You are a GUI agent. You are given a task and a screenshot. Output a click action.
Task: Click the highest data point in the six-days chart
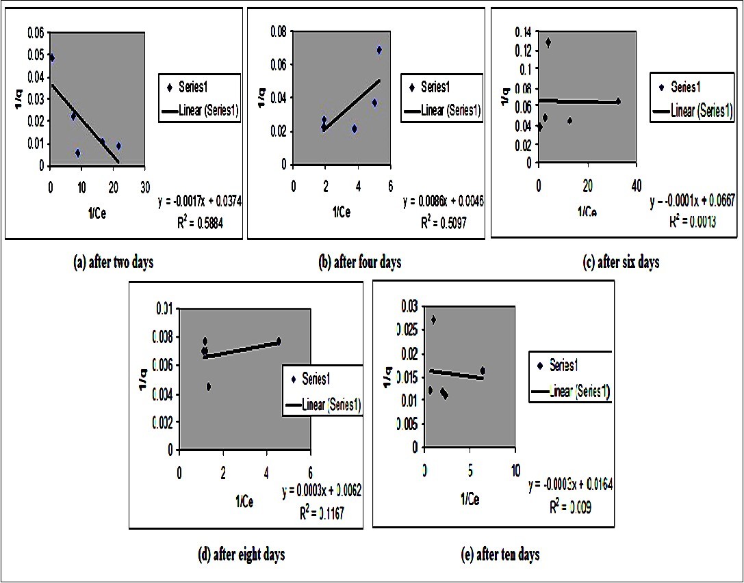pyautogui.click(x=548, y=42)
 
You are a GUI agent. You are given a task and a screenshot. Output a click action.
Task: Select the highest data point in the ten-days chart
pyautogui.click(x=433, y=320)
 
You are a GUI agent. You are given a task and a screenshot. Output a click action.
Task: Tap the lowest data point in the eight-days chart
pyautogui.click(x=208, y=386)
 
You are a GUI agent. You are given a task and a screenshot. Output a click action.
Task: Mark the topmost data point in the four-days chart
pyautogui.click(x=379, y=50)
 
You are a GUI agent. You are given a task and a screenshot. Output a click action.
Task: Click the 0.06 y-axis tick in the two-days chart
pyautogui.click(x=35, y=32)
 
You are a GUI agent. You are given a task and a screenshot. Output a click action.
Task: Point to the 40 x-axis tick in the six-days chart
pyautogui.click(x=636, y=185)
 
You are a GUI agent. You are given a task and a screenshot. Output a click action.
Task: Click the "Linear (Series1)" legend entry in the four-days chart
pyautogui.click(x=450, y=109)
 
